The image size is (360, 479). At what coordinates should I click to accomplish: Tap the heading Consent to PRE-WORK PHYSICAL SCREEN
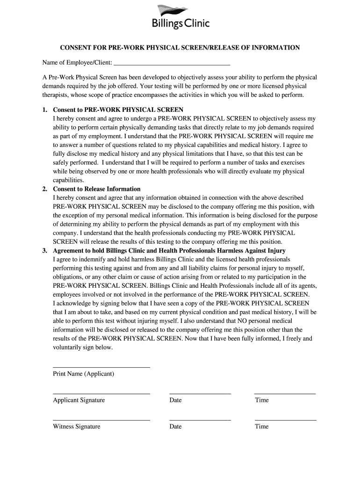point(118,109)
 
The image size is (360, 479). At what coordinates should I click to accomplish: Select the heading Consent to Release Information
point(97,189)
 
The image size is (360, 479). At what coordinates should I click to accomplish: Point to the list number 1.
point(44,109)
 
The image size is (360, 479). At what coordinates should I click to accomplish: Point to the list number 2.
point(44,189)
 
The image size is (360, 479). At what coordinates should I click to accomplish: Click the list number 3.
point(44,251)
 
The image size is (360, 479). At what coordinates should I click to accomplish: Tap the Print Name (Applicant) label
point(84,374)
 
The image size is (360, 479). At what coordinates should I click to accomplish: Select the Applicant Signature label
point(79,400)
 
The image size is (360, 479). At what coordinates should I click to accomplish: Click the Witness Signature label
point(77,427)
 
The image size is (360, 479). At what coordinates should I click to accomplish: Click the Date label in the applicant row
point(175,400)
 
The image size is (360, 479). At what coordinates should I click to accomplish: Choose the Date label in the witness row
point(175,427)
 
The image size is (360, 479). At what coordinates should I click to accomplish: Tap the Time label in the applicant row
point(262,400)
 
